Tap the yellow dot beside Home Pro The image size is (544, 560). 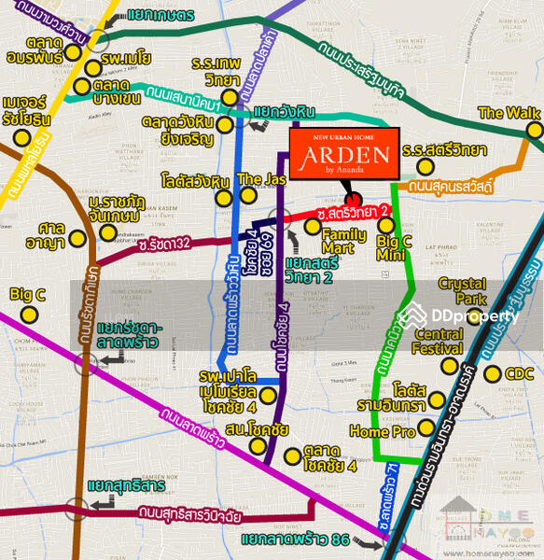coord(426,428)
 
